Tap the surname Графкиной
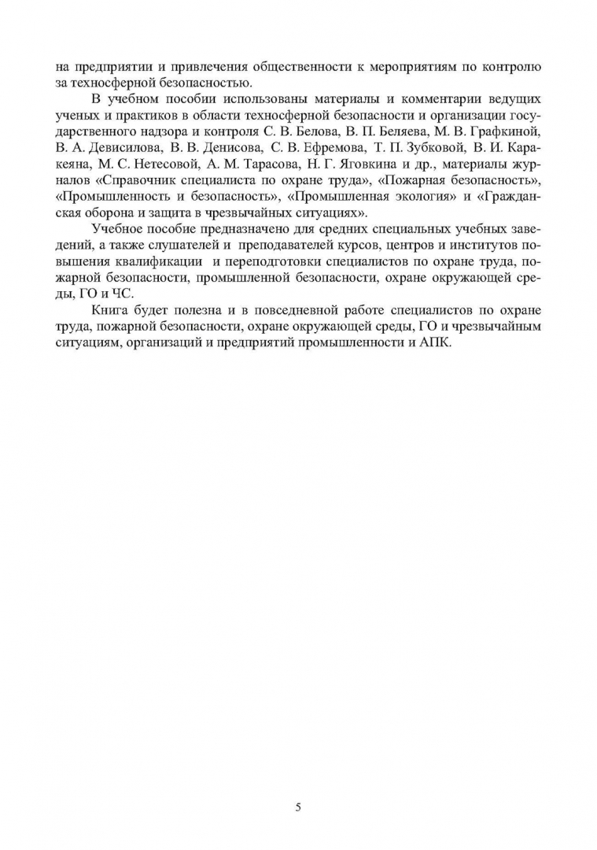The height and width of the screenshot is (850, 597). [506, 131]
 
